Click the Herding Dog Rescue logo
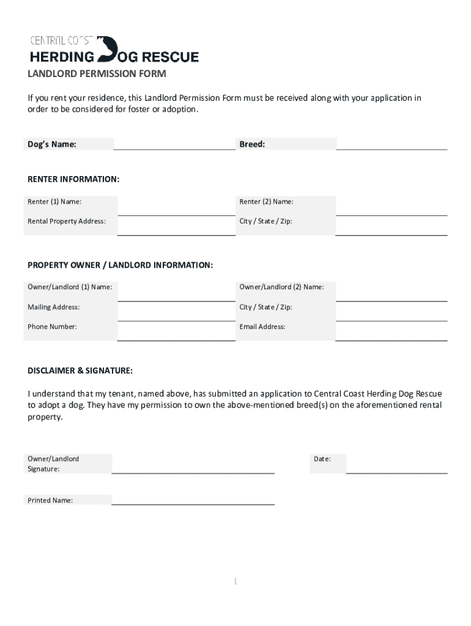114,50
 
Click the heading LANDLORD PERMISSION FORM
97,75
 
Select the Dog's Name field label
52,144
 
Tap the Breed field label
252,144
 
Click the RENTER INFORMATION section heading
73,180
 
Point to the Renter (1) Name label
54,202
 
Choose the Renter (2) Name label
266,202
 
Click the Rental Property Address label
67,221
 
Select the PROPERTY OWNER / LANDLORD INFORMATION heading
121,265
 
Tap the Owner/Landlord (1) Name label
70,287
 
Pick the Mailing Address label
54,307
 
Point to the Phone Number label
52,326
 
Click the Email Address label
262,326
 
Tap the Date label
322,458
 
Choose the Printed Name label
50,500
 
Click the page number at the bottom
236,581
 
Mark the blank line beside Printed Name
193,504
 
